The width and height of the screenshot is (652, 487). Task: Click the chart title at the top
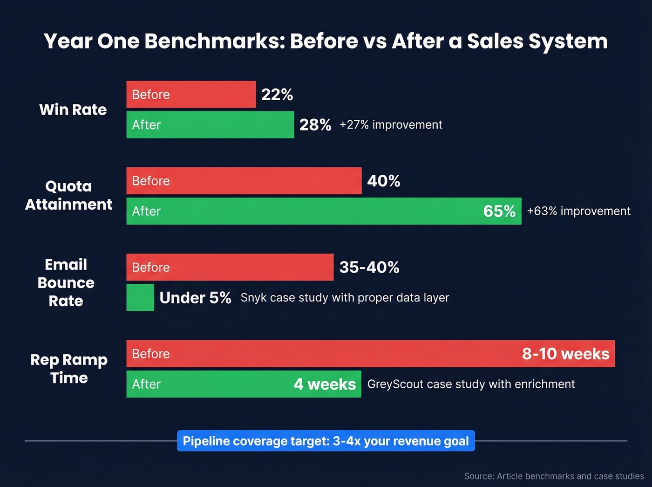click(326, 41)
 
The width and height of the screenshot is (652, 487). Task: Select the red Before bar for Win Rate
click(191, 95)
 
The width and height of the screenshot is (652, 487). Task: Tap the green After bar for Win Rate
click(210, 125)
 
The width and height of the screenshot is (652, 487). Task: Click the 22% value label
click(277, 95)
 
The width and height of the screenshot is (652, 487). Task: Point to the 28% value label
click(315, 125)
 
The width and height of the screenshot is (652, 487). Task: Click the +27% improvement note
click(391, 125)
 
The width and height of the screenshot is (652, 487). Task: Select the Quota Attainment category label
click(68, 195)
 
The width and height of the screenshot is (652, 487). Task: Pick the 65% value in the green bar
click(499, 211)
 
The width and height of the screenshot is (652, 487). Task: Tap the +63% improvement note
click(578, 211)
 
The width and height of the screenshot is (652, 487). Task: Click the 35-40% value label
click(369, 268)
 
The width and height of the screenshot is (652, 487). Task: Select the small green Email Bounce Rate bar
click(140, 297)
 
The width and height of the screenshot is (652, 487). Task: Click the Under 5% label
click(195, 298)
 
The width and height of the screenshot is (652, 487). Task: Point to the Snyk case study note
click(345, 298)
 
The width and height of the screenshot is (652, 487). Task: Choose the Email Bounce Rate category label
click(66, 282)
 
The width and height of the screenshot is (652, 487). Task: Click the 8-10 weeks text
click(565, 354)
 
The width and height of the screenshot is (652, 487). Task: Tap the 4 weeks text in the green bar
click(325, 384)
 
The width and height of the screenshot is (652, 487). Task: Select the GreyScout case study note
click(471, 384)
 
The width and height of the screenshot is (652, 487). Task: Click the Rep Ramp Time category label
click(69, 369)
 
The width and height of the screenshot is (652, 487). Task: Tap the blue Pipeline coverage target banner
click(326, 441)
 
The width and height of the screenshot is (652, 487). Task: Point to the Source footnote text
click(554, 476)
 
